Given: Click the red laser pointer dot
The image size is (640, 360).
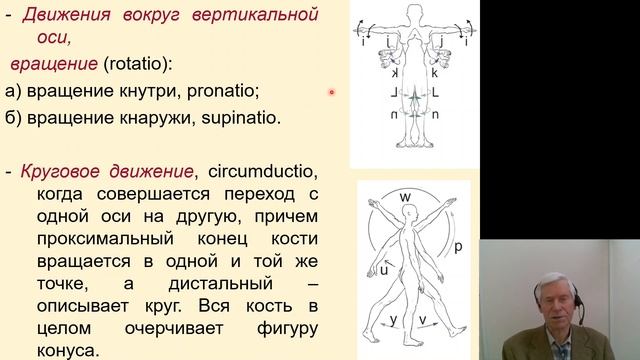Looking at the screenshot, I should point(332,93).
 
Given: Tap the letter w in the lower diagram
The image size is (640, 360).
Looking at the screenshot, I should point(406,195).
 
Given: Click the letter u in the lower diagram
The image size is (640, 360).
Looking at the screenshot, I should point(383,269).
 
